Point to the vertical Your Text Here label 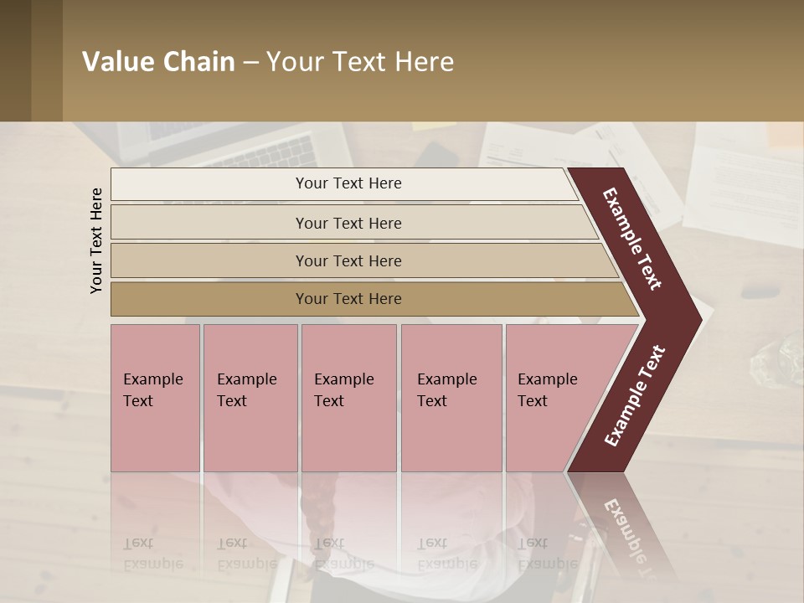click(x=96, y=240)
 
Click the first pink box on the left click(x=155, y=398)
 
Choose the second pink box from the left click(x=250, y=398)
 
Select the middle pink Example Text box click(x=348, y=398)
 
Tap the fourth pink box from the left click(x=451, y=398)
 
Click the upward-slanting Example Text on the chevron click(x=636, y=395)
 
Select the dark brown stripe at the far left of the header click(x=15, y=60)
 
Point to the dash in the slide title click(x=250, y=63)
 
